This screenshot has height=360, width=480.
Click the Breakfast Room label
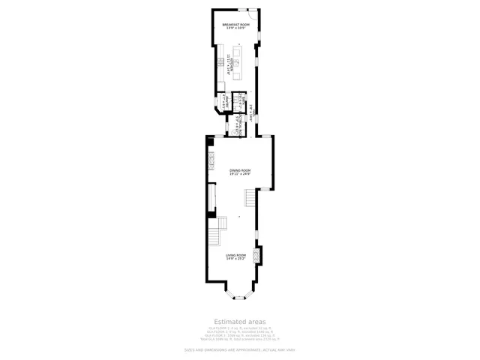pyautogui.click(x=235, y=25)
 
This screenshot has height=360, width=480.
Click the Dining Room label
pyautogui.click(x=240, y=170)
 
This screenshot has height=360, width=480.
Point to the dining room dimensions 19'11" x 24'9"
pyautogui.click(x=240, y=174)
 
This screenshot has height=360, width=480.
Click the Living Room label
pyautogui.click(x=236, y=255)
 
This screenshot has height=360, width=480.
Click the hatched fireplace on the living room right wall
pyautogui.click(x=259, y=256)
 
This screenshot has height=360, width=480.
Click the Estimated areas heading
pyautogui.click(x=240, y=321)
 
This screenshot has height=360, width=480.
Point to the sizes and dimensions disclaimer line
pyautogui.click(x=240, y=349)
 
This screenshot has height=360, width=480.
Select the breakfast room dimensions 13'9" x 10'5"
pyautogui.click(x=235, y=28)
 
